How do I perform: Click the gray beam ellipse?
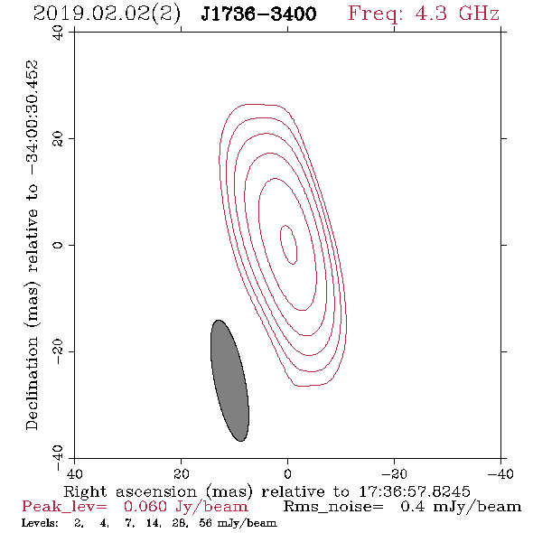point(229,380)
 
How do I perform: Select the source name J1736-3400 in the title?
point(258,14)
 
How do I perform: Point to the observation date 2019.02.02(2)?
point(107,14)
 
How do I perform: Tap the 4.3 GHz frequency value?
point(457,14)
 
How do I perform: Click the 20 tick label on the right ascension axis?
point(181,474)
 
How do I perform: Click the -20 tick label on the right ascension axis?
point(394,474)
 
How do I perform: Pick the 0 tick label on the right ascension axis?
point(287,474)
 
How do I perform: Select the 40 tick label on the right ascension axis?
point(74,474)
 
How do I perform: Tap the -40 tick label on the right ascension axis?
point(500,474)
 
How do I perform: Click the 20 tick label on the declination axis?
point(58,139)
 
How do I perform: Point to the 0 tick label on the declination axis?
point(58,245)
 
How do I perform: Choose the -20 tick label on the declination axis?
point(58,351)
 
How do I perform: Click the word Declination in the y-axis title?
point(32,383)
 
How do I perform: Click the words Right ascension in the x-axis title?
point(130,491)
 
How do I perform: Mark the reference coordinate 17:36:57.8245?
point(415,491)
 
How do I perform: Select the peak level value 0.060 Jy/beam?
point(186,507)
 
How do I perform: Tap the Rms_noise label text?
point(333,507)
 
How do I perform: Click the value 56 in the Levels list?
point(206,522)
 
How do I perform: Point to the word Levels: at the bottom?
point(40,522)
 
